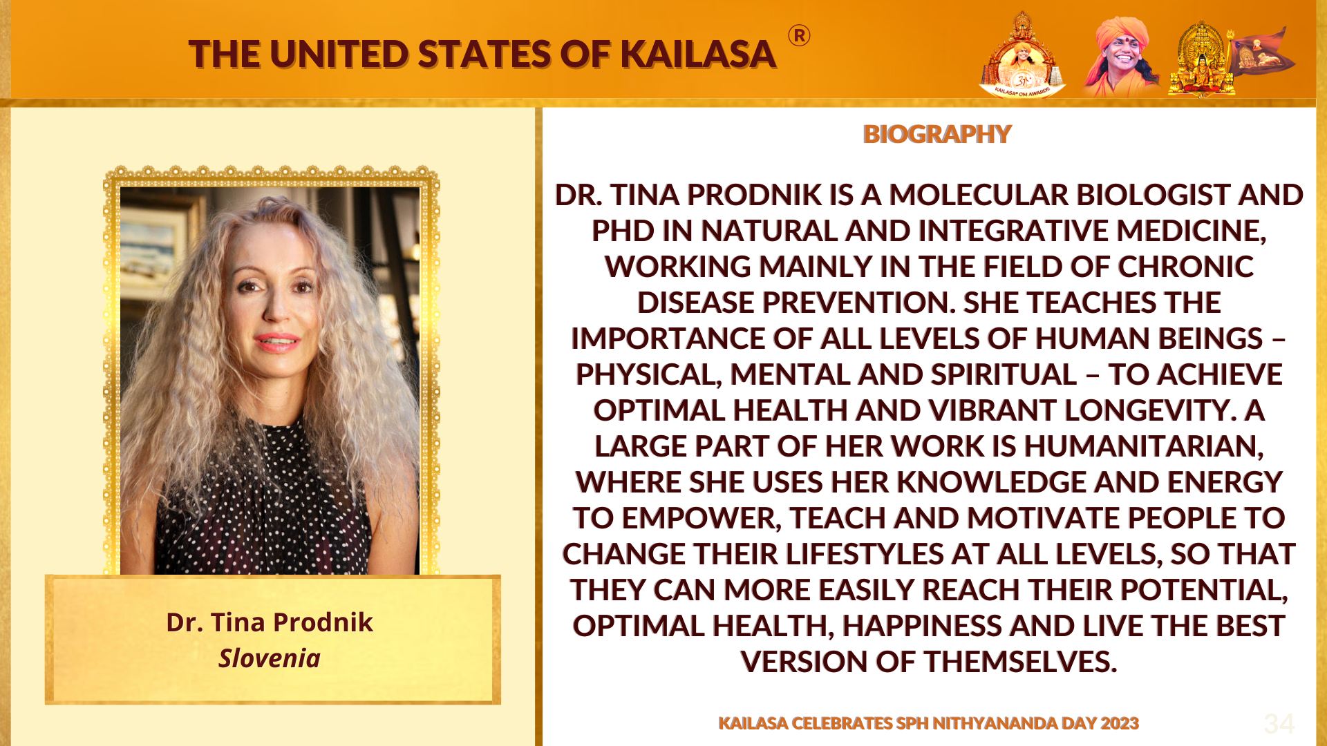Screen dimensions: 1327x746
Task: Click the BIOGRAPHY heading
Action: [x=937, y=133]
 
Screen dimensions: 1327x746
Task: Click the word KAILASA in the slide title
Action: [x=698, y=55]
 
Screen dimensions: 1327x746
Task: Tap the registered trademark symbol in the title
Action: [x=799, y=36]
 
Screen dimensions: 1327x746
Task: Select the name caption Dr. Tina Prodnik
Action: [x=270, y=622]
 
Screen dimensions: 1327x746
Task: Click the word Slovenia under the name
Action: [x=270, y=658]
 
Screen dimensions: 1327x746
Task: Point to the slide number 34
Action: [x=1279, y=724]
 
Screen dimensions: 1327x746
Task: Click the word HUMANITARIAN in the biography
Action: [x=1144, y=446]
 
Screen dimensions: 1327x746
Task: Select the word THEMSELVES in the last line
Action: [x=1021, y=662]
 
